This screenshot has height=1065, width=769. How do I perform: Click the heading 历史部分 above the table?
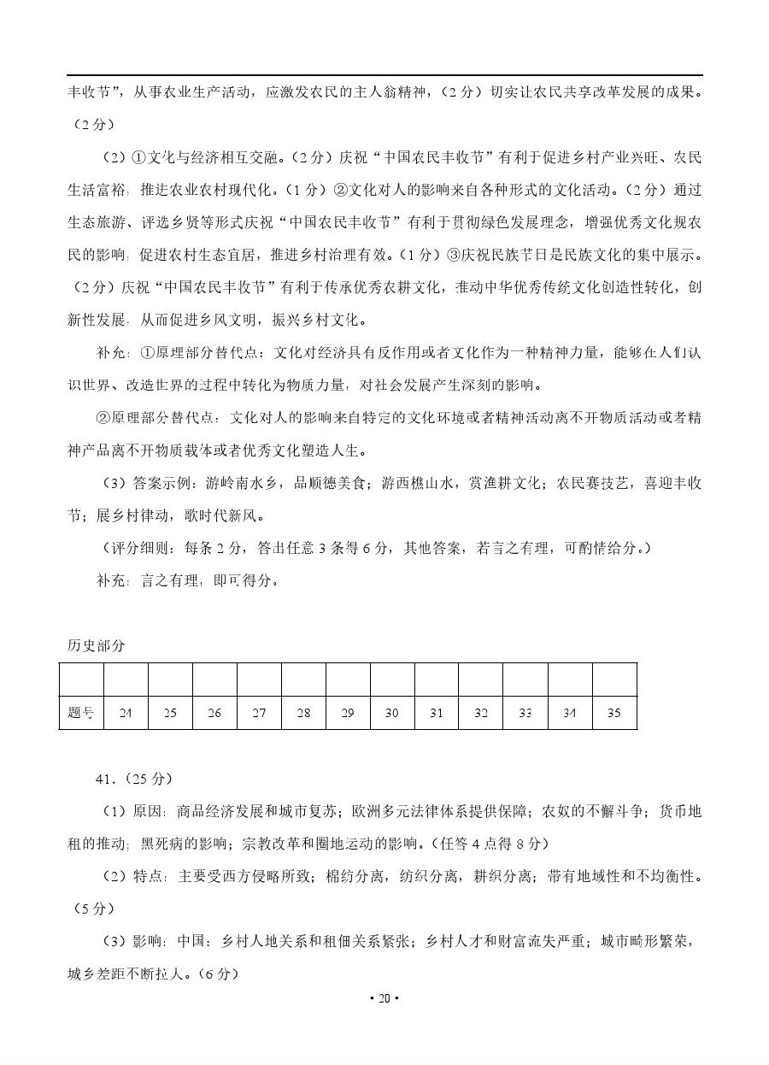(96, 645)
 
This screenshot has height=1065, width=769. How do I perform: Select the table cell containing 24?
(126, 713)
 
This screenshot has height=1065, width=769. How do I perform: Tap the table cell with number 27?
(259, 713)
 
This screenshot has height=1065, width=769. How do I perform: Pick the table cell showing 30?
(392, 713)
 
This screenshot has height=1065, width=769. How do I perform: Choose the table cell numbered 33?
(525, 713)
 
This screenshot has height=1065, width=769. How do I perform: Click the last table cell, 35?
(613, 713)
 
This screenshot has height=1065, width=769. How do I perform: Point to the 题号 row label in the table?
(81, 713)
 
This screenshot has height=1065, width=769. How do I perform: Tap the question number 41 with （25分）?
(134, 779)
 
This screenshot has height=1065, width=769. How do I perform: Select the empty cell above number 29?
(348, 680)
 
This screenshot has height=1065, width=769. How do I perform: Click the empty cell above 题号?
(81, 680)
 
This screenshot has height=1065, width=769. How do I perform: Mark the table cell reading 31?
(437, 713)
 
